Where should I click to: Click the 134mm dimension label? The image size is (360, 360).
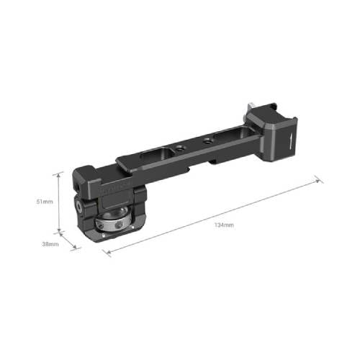[x=224, y=225]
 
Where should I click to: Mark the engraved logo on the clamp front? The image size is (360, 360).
[x=115, y=191]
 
